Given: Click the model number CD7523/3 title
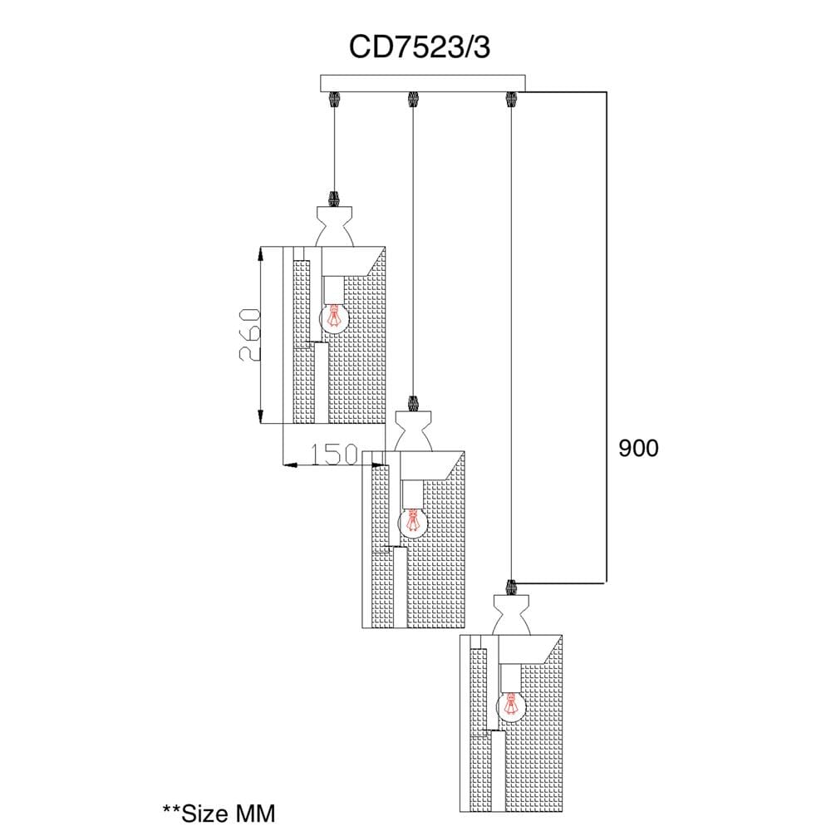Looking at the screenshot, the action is (x=419, y=47).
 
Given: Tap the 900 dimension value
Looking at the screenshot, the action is (x=638, y=449).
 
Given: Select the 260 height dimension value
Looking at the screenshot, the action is (x=250, y=335).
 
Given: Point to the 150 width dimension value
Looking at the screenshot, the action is (x=333, y=455).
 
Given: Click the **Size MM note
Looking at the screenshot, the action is (x=219, y=814).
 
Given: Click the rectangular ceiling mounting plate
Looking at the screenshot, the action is (x=423, y=83).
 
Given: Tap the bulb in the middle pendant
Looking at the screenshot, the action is (x=413, y=524).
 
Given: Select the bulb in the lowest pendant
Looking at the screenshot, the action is (x=511, y=706).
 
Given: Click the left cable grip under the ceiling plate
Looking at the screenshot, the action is (x=334, y=99).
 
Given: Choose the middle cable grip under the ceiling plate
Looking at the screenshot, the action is (x=412, y=99).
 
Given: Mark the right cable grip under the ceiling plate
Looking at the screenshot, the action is (x=511, y=99).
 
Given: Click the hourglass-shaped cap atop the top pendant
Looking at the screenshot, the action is (x=334, y=226).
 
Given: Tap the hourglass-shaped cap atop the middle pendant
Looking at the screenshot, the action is (x=413, y=431).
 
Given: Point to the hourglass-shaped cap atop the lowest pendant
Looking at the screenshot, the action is (x=511, y=615).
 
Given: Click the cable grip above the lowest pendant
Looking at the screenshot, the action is (x=511, y=588).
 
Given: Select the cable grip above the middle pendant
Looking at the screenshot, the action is (x=413, y=404).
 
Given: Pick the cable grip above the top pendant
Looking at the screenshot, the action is (x=334, y=199).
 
